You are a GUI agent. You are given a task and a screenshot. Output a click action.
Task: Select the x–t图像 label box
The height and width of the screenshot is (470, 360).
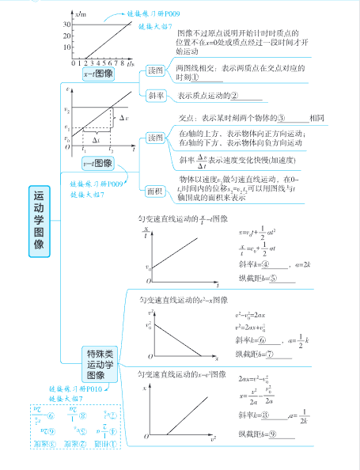point(97,72)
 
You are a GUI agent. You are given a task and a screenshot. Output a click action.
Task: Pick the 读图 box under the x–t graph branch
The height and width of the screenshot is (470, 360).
point(156,70)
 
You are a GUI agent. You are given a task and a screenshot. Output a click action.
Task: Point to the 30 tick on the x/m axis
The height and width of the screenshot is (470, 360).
point(66,25)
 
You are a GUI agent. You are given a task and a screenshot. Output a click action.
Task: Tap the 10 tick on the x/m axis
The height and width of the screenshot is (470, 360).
point(66,48)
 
